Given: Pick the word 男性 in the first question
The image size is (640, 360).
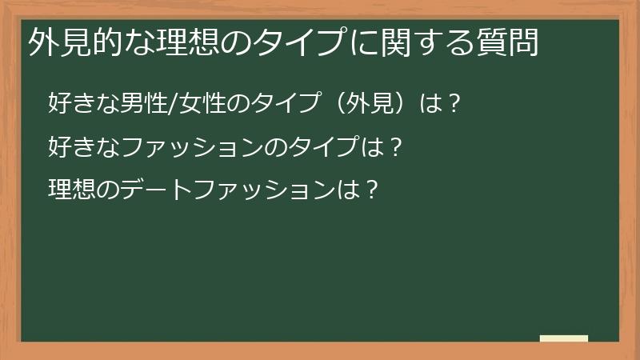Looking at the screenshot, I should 141,104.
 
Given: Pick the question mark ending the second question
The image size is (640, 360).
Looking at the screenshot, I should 391,147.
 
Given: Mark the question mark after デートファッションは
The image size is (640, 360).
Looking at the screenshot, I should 370,190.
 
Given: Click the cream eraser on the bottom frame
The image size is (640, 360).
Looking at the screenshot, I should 564,338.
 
